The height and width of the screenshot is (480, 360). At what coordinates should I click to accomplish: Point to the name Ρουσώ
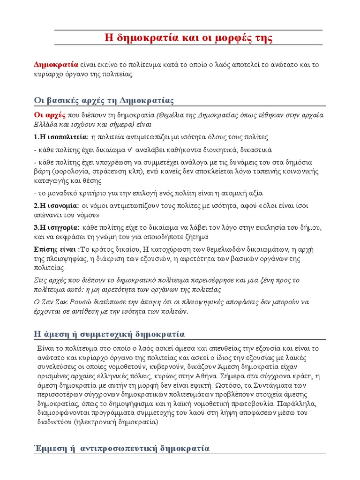(82, 301)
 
